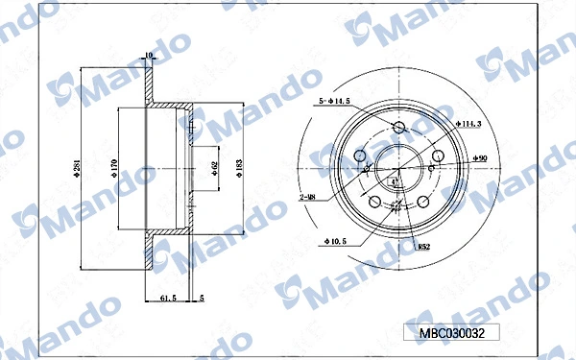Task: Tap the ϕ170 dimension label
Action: click(112, 170)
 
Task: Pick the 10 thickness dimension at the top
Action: click(148, 55)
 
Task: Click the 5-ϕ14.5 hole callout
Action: click(333, 99)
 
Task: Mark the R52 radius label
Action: click(422, 247)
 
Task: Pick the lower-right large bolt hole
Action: click(421, 203)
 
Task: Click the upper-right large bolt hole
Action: click(437, 157)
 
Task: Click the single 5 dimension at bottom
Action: click(202, 300)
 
